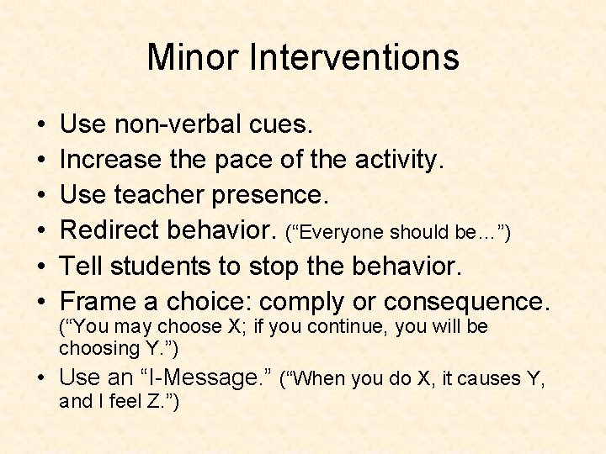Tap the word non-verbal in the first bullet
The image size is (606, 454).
coord(178,125)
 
